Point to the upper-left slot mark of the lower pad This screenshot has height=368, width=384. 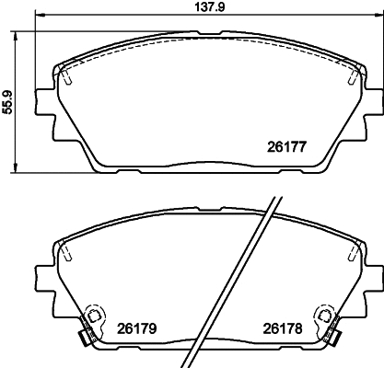click(x=67, y=251)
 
